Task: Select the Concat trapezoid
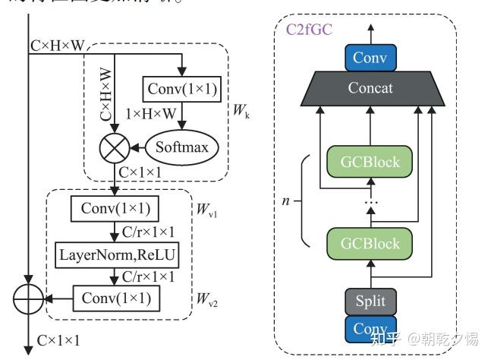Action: [371, 88]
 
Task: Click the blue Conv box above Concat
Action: [371, 57]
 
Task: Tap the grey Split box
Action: [371, 302]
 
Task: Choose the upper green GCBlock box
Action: [371, 163]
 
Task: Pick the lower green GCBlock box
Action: [371, 244]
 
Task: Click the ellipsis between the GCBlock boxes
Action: [371, 203]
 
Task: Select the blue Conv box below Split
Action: [371, 329]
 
